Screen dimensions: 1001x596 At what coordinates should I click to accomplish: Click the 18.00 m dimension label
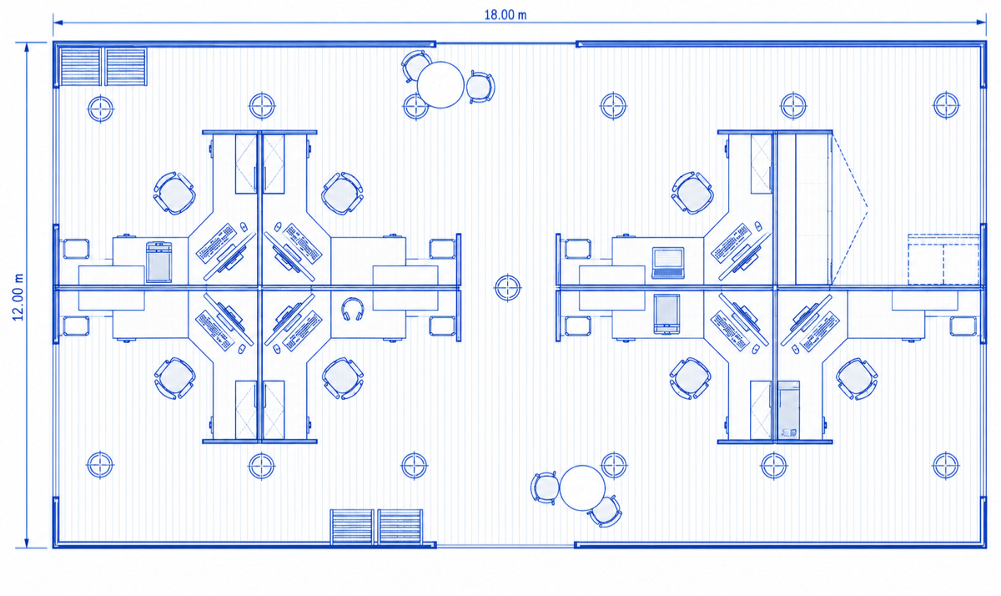[506, 15]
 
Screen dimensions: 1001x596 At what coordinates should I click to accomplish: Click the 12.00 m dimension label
[18, 297]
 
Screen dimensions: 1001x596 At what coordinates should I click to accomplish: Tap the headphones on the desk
[353, 309]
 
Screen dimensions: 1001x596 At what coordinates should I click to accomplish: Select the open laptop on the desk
[668, 262]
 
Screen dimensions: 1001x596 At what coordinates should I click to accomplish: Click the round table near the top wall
[440, 84]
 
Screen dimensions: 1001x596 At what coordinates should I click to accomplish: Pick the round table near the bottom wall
[582, 487]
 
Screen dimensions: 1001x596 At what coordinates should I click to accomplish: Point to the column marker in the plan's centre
[507, 287]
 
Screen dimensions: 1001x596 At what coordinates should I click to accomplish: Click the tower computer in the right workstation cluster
[788, 410]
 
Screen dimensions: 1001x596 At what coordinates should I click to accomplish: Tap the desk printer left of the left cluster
[158, 262]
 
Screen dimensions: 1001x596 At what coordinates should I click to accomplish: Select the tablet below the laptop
[666, 314]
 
